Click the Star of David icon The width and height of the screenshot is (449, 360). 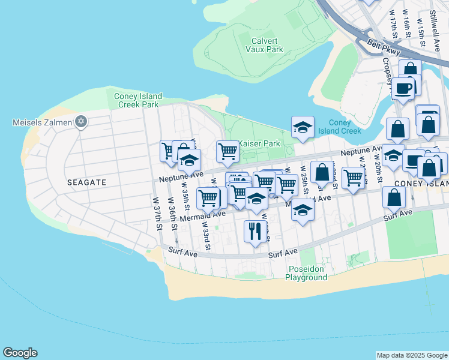click(81, 122)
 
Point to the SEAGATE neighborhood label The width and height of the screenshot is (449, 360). click(86, 182)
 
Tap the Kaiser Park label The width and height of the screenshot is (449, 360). click(259, 144)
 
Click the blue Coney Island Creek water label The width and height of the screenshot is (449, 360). click(340, 127)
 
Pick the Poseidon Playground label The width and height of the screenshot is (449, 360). click(306, 273)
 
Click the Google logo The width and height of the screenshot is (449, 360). click(20, 353)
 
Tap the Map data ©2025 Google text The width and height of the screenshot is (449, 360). click(411, 355)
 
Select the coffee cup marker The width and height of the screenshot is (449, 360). click(403, 89)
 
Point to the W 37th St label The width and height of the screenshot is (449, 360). click(157, 214)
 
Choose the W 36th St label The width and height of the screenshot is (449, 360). click(172, 214)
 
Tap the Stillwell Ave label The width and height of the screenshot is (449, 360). click(435, 29)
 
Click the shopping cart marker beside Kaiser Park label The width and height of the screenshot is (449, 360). click(228, 152)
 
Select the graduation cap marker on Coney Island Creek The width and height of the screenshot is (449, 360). click(303, 127)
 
